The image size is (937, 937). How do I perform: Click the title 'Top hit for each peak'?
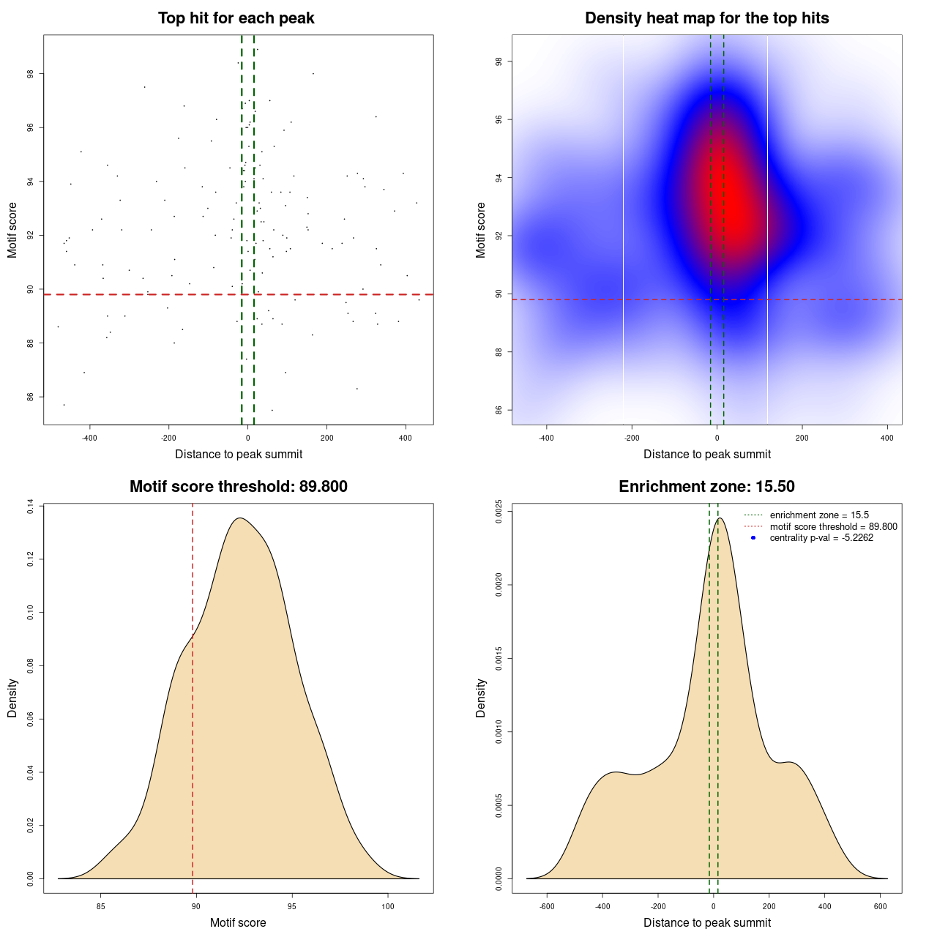(236, 18)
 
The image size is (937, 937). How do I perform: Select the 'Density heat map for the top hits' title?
(706, 18)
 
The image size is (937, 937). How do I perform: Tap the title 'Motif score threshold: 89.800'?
(238, 487)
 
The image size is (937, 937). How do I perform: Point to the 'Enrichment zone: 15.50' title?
(706, 487)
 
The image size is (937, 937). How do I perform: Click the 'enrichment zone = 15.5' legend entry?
(819, 515)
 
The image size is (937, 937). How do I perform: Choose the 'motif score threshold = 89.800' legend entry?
(833, 526)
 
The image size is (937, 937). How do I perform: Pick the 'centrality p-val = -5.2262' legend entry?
(821, 538)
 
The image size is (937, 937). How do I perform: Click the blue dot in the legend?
(753, 538)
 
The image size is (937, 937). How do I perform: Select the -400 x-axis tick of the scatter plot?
(89, 438)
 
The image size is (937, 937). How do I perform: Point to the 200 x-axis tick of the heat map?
(802, 438)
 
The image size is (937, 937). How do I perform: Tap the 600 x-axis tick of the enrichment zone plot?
(881, 906)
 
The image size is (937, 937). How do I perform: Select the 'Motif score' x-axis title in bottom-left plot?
(238, 923)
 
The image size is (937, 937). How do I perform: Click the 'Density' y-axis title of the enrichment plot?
(481, 698)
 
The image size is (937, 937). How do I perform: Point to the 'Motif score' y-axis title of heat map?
(481, 230)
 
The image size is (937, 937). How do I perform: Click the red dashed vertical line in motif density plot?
(193, 732)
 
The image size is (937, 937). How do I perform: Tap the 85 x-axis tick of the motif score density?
(101, 906)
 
